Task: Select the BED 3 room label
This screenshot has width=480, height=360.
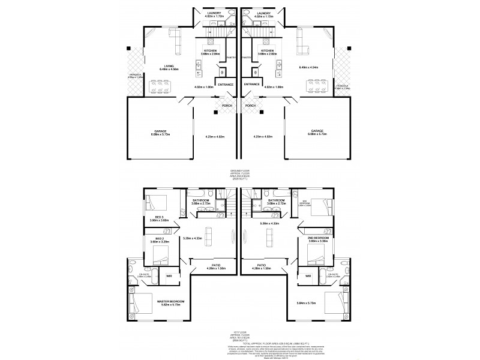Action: pos(158,217)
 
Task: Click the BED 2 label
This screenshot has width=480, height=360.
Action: pos(158,238)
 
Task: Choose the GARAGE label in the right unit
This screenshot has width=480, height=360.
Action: pos(317,130)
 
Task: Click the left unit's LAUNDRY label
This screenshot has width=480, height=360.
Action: pos(214,13)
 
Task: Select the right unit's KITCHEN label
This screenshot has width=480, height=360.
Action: pos(267,51)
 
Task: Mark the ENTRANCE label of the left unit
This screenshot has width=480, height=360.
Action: pos(226,85)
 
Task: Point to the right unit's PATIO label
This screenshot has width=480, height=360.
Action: pos(262,264)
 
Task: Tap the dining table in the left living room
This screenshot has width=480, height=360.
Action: pos(160,88)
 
